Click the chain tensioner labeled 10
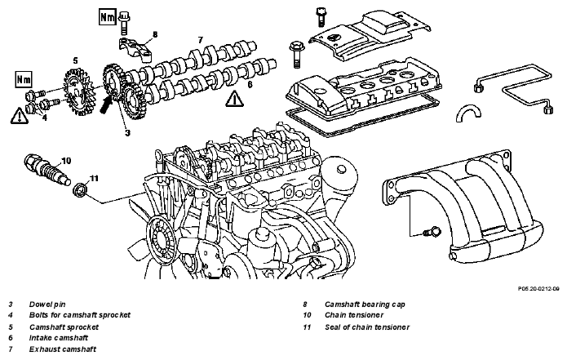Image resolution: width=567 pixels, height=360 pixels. pos(47,170)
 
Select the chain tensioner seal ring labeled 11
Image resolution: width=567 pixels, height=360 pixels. pos(80,191)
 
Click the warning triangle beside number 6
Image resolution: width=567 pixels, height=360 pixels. pos(234,99)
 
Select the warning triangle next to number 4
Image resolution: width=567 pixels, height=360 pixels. pos(19,115)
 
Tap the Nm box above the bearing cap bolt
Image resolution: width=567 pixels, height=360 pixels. pos(107,17)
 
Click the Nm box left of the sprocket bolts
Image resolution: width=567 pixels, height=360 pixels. pos(24,79)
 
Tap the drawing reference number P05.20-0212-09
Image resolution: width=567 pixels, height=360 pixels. pos(538,289)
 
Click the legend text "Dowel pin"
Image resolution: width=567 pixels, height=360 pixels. pos(47,304)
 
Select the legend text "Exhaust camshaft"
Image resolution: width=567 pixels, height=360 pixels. pos(63,349)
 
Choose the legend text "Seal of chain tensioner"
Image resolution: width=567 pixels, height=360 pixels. pos(367,327)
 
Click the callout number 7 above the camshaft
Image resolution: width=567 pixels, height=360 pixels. pos(201,40)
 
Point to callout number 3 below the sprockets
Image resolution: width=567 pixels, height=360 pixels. pos(127,133)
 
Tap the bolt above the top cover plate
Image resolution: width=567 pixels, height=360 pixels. pos(321,16)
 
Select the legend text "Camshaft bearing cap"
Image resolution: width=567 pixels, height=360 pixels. pos(365,304)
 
